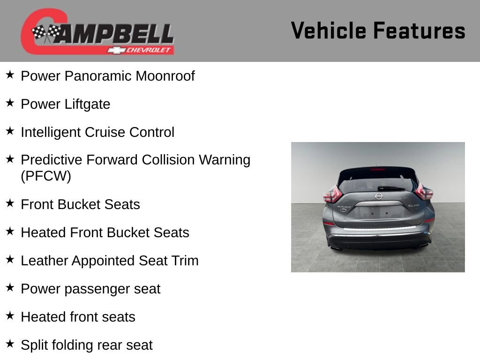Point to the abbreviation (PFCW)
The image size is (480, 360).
pos(46,177)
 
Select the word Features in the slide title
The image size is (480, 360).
pos(419,31)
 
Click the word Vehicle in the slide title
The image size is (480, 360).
pos(329,31)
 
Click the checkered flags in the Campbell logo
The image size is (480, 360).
pos(46,33)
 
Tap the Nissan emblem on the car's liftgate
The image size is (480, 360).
pos(378,196)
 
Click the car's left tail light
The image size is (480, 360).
pos(332,194)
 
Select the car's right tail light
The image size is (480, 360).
pos(424,192)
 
